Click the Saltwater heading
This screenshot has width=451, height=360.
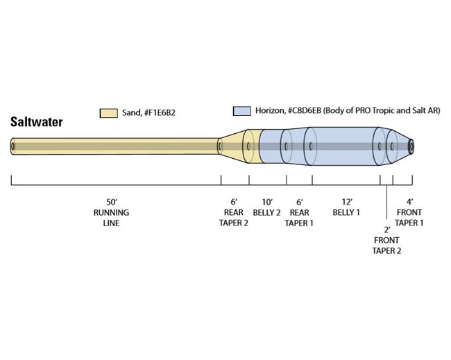[37, 122]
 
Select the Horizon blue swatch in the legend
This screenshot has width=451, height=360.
[241, 110]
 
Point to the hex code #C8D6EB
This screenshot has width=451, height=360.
[308, 110]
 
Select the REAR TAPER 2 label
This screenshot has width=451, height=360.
[235, 218]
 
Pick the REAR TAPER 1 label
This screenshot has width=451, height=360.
[299, 218]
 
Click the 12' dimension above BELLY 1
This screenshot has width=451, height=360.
[346, 203]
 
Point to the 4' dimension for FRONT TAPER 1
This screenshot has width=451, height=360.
[409, 203]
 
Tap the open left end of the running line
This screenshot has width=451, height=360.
[13, 146]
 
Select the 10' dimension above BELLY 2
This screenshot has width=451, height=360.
[266, 203]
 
